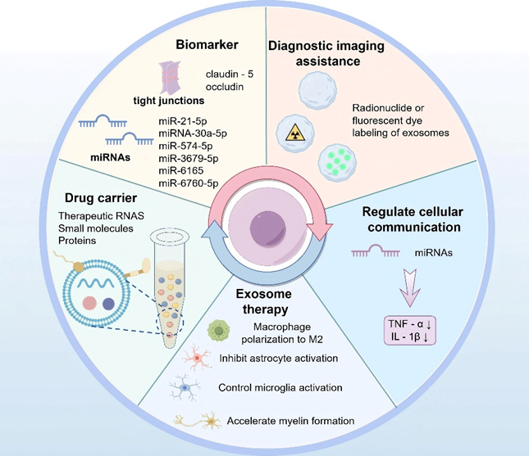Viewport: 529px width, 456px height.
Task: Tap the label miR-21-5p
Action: coord(180,120)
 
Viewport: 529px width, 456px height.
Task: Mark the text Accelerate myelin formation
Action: coord(285,420)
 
